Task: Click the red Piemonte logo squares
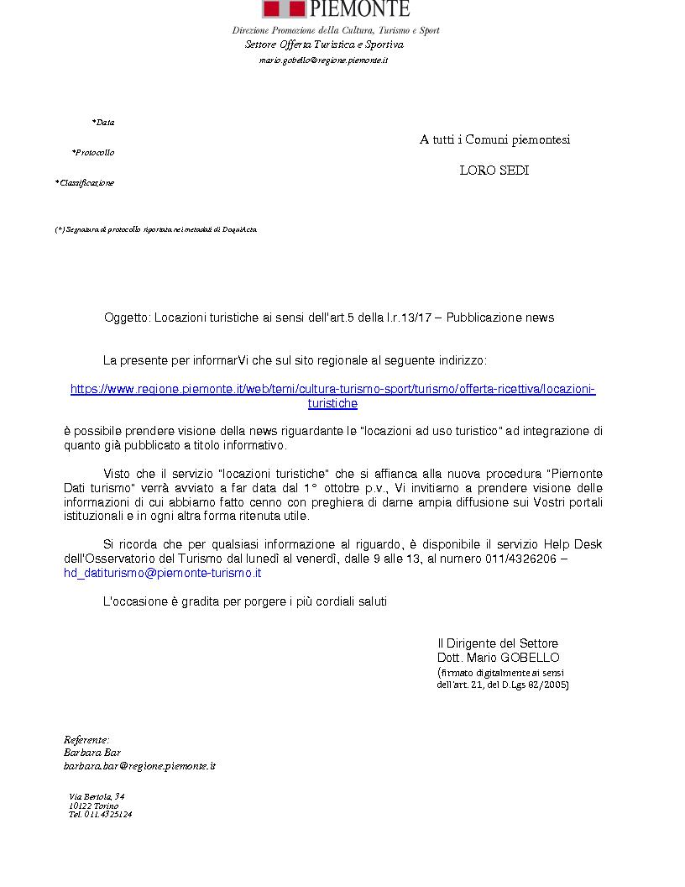284,8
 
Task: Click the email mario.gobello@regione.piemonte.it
323,60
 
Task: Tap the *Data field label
103,123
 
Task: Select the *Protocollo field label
93,153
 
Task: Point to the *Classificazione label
85,183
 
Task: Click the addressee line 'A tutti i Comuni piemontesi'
494,139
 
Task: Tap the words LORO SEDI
494,171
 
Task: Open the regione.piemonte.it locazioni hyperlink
332,389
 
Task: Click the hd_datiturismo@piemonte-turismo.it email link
163,573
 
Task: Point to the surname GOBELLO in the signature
529,658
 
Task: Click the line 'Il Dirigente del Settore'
497,643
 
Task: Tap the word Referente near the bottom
86,739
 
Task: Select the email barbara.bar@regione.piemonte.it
140,766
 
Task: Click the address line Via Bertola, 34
97,796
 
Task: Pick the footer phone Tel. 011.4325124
100,814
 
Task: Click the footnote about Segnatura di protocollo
156,229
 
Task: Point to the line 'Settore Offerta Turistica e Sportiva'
324,45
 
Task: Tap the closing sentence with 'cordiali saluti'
244,601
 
